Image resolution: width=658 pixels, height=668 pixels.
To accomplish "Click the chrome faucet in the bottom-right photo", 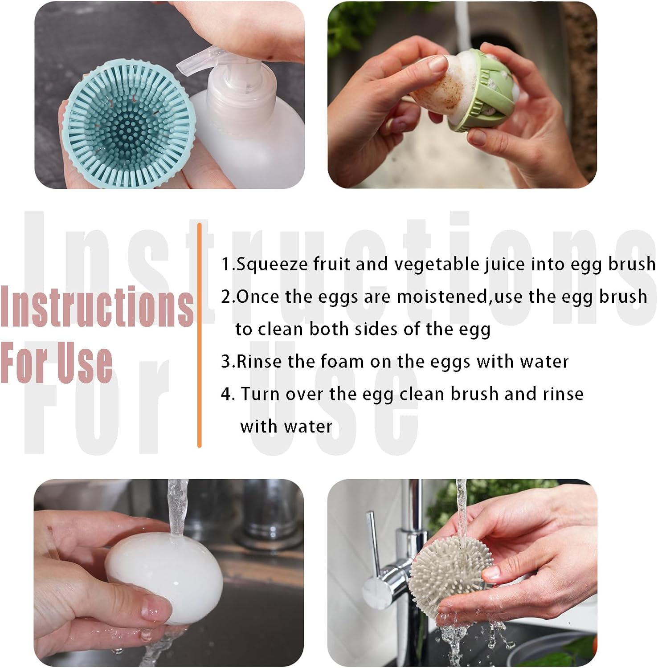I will [383, 574].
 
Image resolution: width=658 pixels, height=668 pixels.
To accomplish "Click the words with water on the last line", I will [286, 427].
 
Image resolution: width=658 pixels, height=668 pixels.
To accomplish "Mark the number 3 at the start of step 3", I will [226, 362].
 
